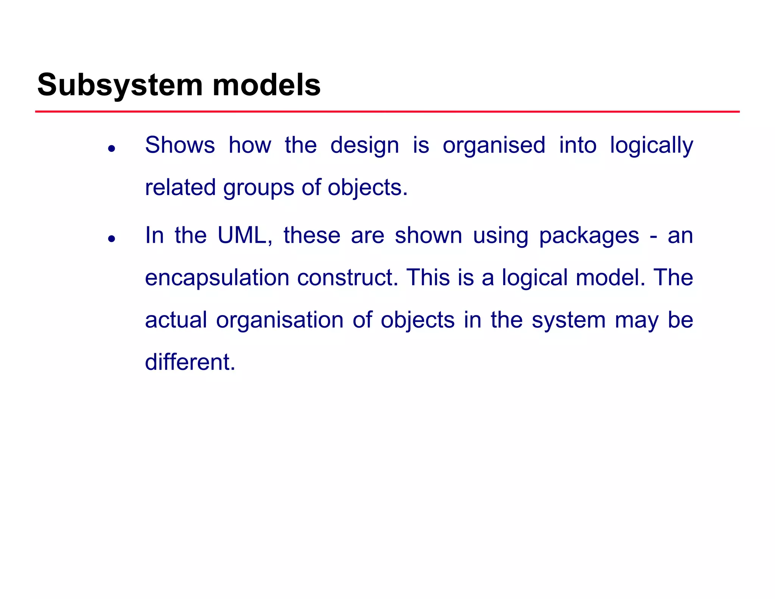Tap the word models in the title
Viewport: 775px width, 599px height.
[266, 85]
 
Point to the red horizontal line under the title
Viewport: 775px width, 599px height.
[387, 112]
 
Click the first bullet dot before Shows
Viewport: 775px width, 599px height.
[111, 148]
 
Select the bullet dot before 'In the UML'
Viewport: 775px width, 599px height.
[111, 239]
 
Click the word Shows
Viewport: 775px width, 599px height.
[180, 145]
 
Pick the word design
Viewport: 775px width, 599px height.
[364, 146]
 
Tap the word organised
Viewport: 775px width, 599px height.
[494, 146]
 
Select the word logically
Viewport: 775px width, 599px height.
[651, 146]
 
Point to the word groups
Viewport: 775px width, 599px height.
[258, 188]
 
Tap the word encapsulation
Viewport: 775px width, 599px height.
[217, 278]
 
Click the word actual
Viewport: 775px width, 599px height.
[176, 320]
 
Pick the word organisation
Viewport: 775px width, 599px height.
[280, 321]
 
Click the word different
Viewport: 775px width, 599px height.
[190, 362]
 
